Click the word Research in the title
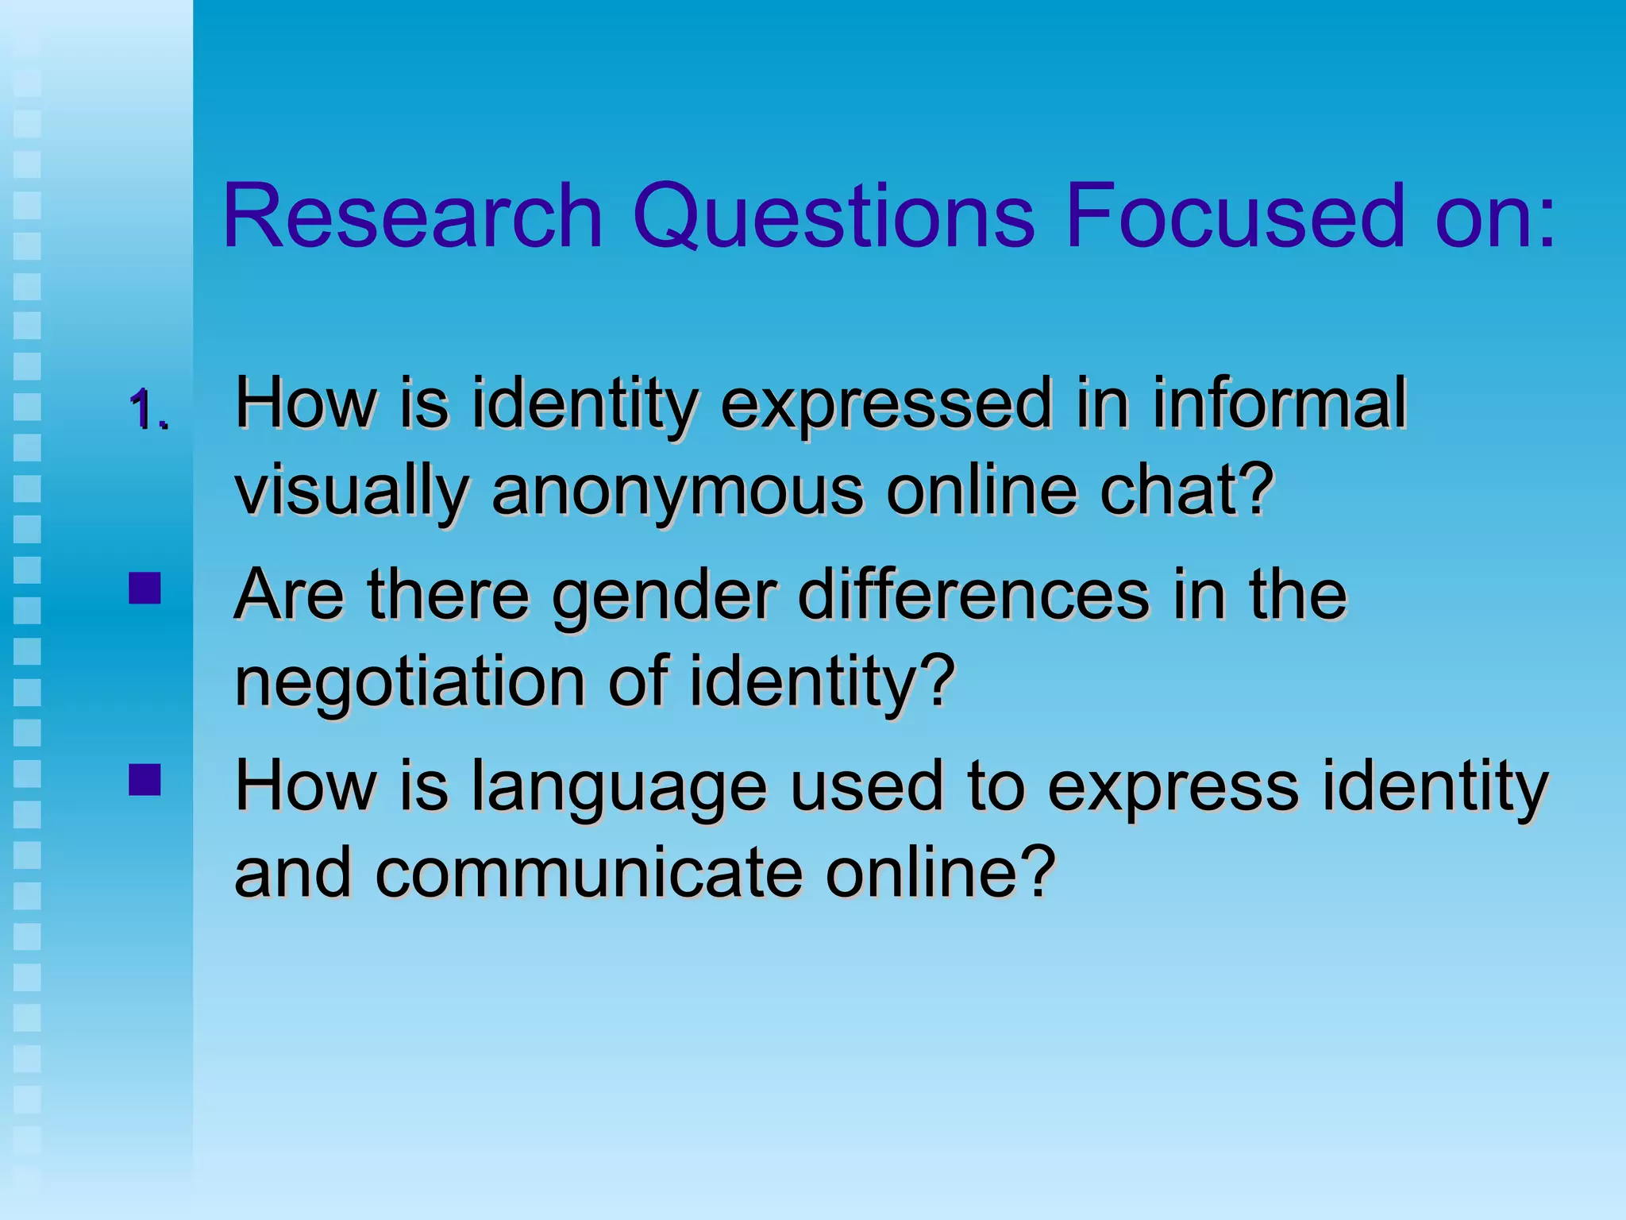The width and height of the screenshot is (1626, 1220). tap(413, 216)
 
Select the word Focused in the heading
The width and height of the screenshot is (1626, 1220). tap(1235, 216)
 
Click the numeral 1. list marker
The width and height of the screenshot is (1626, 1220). tap(148, 411)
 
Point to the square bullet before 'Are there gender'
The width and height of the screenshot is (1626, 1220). tap(144, 589)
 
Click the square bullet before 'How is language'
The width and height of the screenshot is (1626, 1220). tap(144, 779)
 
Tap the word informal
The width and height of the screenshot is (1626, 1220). tap(1279, 403)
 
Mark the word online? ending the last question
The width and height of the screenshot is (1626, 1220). tap(940, 873)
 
